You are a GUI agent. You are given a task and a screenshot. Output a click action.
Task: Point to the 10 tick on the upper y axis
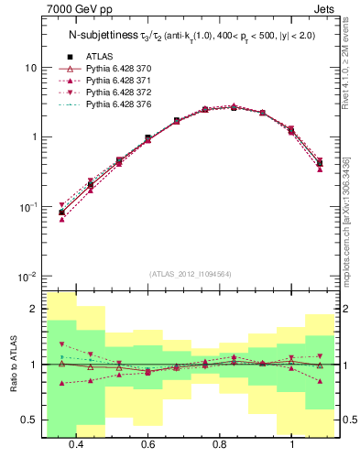click(x=30, y=68)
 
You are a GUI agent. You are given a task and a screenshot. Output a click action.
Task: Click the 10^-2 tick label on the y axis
click(x=27, y=276)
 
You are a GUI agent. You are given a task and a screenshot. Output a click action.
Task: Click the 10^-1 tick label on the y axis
click(x=27, y=207)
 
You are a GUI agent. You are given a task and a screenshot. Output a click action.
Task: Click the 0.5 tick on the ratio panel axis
click(x=28, y=420)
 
